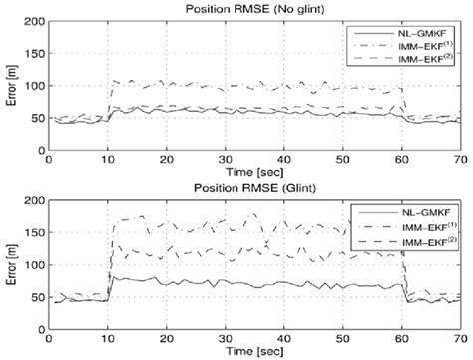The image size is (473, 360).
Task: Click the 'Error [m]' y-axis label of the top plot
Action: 9,86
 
